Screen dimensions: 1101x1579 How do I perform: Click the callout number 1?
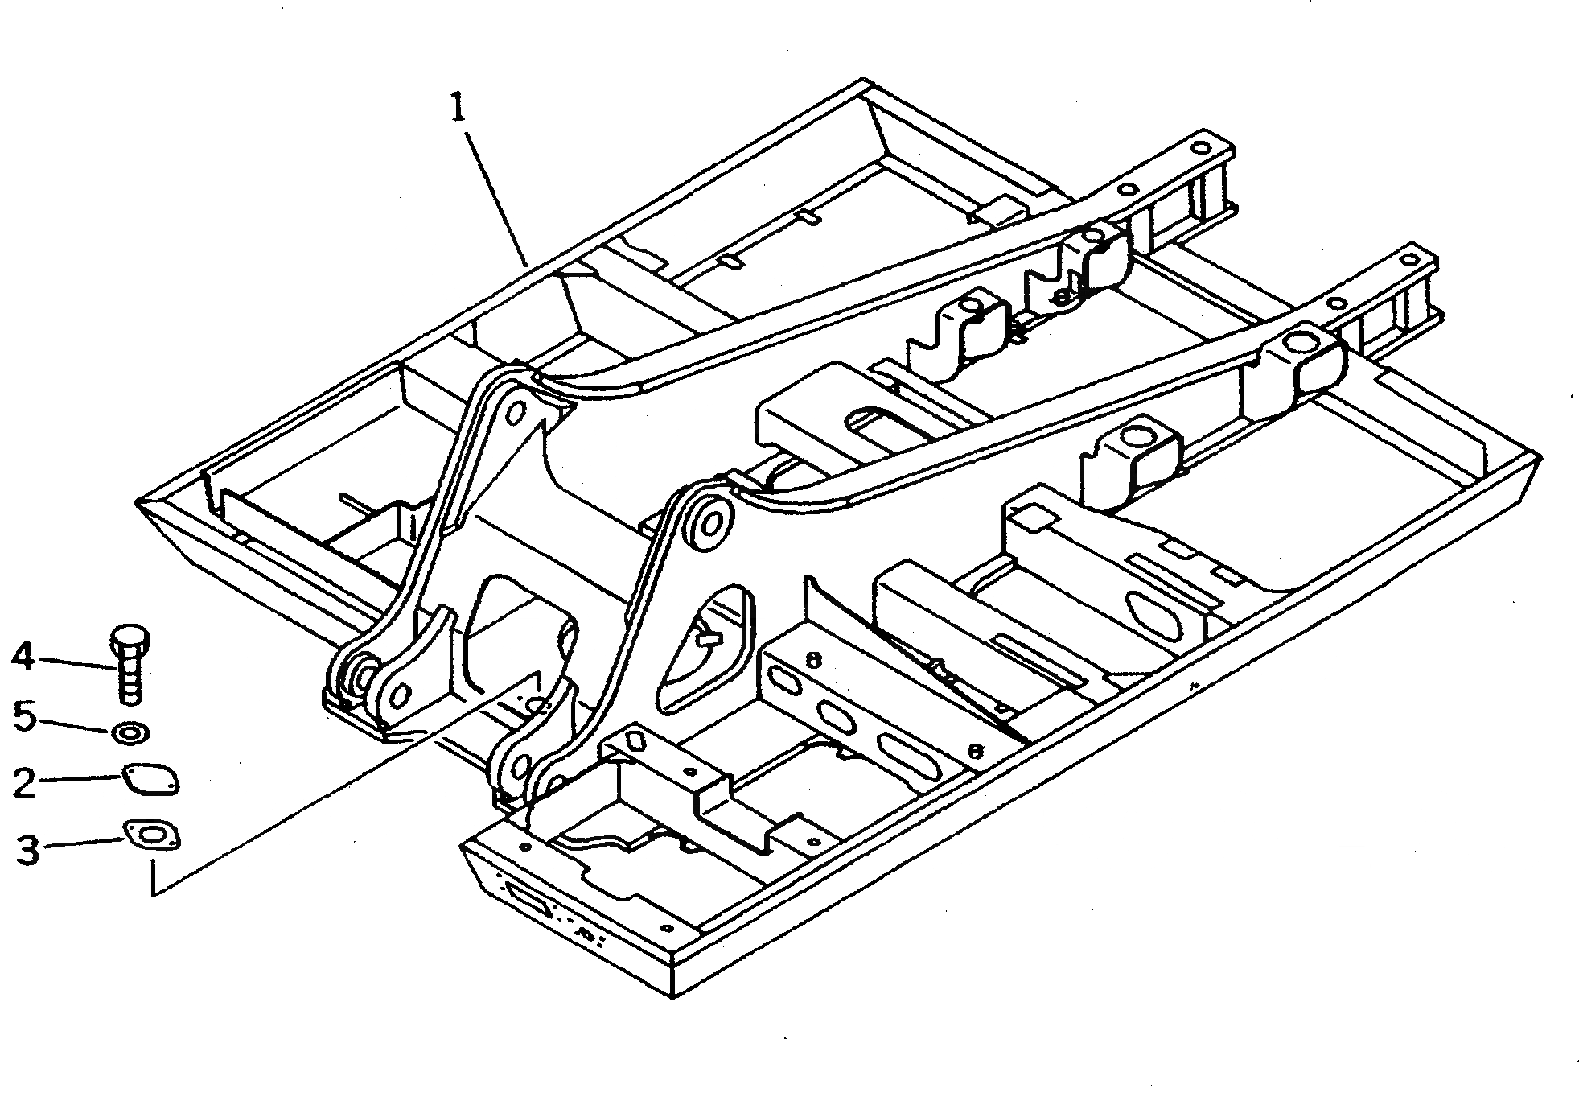[x=457, y=108]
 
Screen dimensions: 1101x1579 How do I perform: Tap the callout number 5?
[x=25, y=715]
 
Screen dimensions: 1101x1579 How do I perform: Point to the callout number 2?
[x=24, y=782]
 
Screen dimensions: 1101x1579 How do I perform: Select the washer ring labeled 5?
[x=129, y=733]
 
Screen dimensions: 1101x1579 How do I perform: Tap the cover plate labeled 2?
[x=151, y=780]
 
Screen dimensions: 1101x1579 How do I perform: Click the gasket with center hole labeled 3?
[x=151, y=835]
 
